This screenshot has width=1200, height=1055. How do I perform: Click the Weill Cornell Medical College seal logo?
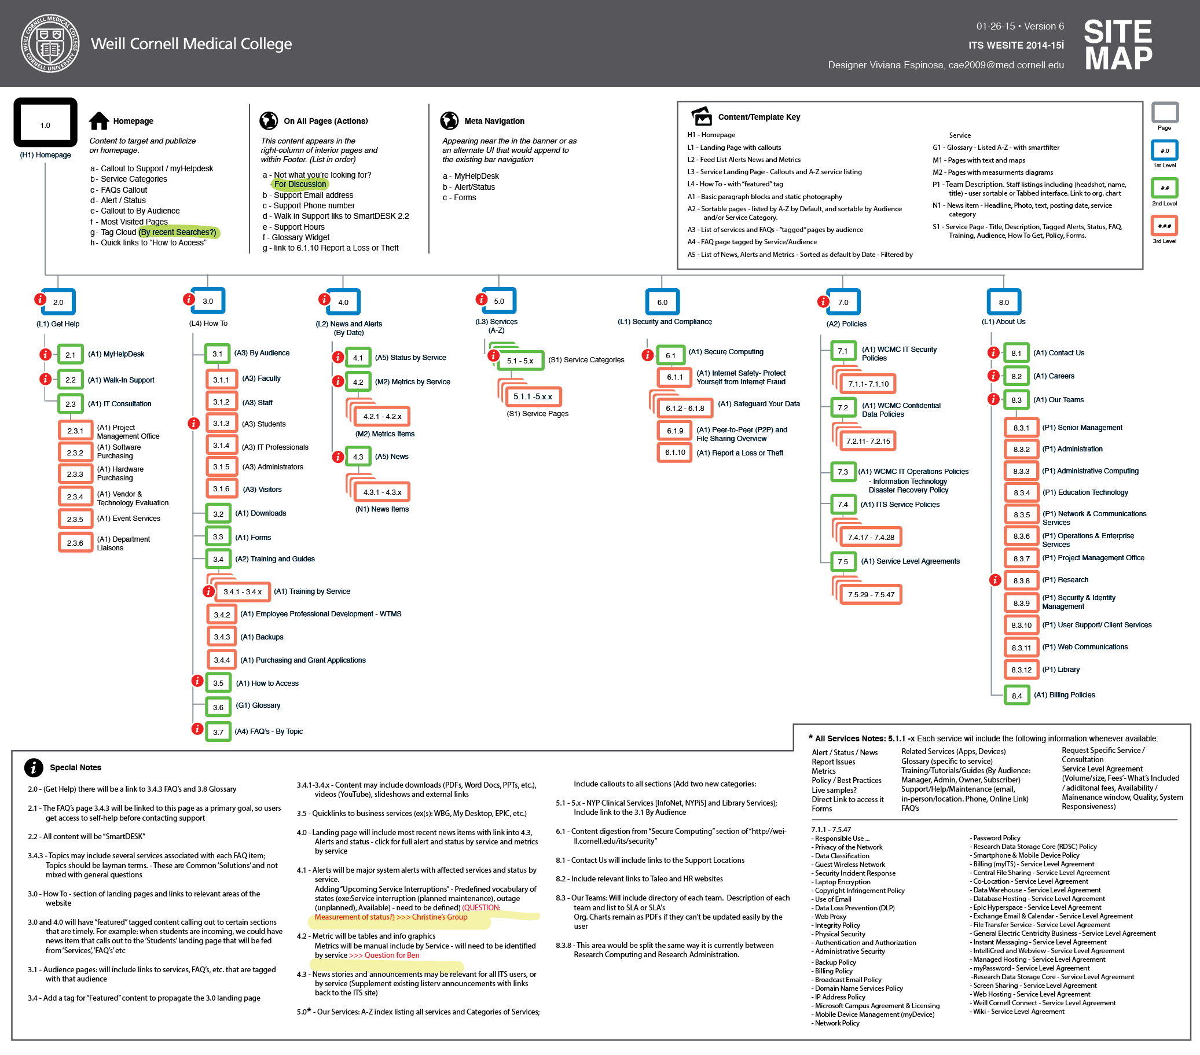50,43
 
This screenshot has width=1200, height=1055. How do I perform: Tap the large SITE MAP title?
1117,45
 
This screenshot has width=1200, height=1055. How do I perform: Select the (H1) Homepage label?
45,156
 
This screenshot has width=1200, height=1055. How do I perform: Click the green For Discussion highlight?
299,185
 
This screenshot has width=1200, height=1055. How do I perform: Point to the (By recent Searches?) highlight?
178,233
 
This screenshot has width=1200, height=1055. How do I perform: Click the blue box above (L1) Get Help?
58,302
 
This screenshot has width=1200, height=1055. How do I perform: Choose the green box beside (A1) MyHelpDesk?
71,354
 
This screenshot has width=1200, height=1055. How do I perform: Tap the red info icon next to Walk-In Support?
45,379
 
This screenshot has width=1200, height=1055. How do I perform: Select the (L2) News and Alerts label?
348,328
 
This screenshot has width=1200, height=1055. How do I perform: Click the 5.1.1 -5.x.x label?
533,397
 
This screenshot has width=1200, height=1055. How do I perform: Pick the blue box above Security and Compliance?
662,302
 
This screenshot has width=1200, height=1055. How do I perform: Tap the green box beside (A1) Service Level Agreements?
843,561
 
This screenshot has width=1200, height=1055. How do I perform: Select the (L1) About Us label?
1003,322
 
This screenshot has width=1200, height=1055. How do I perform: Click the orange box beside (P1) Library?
1021,669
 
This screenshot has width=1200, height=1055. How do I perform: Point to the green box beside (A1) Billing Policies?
1017,694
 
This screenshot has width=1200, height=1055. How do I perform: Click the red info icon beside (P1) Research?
995,580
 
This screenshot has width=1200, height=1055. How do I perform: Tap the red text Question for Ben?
384,955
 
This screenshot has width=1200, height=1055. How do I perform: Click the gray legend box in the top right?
1165,112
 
